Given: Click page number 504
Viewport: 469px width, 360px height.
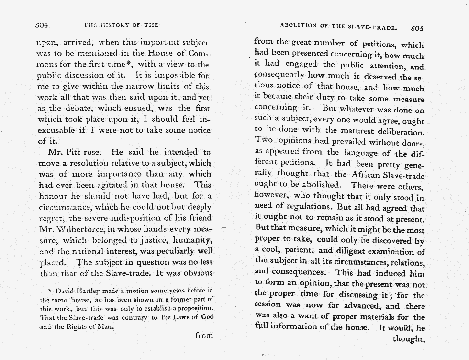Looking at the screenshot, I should (43, 25).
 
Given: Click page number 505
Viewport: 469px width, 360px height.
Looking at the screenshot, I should (416, 27).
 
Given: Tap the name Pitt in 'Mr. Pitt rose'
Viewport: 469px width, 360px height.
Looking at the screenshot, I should (78, 153).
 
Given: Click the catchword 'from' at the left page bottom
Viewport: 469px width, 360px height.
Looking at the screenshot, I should (203, 336).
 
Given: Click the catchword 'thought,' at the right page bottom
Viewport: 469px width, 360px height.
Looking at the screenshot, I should (408, 339).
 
